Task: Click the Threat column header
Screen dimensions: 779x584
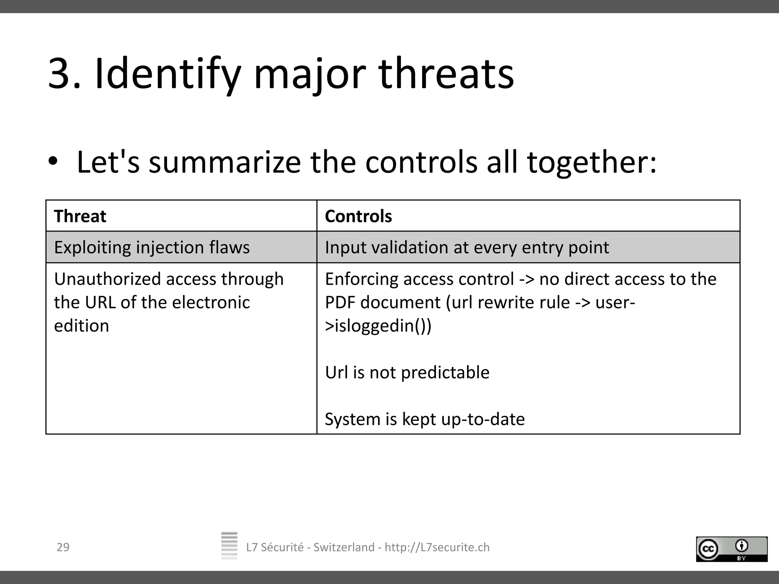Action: [80, 216]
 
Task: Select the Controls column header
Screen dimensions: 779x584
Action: [358, 216]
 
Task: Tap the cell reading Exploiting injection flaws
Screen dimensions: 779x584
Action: [152, 248]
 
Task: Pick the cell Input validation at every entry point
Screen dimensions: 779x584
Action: [467, 248]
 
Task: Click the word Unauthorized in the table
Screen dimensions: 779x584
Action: [107, 279]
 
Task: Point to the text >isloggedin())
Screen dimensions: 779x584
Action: [378, 326]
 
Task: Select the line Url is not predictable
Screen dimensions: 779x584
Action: [407, 373]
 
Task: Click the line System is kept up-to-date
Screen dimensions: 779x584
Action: [424, 419]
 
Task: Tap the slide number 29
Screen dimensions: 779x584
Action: [63, 547]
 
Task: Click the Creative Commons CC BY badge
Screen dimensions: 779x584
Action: [731, 549]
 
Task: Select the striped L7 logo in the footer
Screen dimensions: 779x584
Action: [229, 545]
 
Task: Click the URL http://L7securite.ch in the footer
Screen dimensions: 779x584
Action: [437, 547]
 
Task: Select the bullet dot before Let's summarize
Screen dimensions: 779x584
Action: [53, 161]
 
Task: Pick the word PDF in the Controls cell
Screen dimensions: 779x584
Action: [340, 303]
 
